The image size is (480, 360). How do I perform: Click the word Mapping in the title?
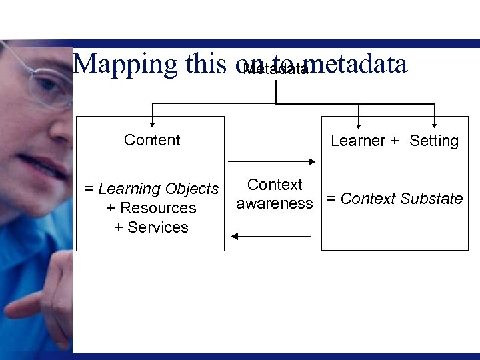[x=125, y=64]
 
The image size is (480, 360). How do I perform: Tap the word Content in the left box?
[x=152, y=140]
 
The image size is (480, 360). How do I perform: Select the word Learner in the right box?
[x=358, y=141]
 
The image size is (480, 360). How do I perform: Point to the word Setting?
[x=434, y=141]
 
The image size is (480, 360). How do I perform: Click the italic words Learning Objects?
[x=159, y=189]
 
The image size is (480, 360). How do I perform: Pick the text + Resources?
[x=151, y=208]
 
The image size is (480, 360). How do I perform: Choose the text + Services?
[x=151, y=227]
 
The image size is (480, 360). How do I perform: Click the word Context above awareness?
[x=275, y=185]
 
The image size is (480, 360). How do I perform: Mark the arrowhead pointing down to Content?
[x=153, y=123]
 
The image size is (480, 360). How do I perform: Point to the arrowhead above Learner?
[x=359, y=123]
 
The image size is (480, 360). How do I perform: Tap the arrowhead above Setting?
[x=435, y=123]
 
